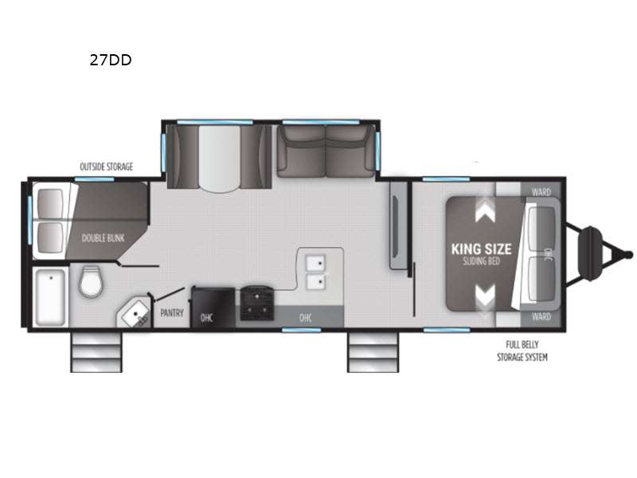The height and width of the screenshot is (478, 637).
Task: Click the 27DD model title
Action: click(x=111, y=60)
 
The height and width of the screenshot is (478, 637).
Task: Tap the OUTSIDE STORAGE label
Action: click(x=107, y=167)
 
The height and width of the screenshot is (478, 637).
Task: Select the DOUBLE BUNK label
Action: click(x=104, y=238)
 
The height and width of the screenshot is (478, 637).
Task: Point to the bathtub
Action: click(x=50, y=297)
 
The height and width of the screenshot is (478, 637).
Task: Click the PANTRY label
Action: click(x=172, y=313)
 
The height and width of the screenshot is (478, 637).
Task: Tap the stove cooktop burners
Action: click(x=257, y=303)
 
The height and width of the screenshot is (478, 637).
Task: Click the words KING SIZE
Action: click(x=482, y=249)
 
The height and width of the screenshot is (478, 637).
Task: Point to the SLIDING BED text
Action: click(x=482, y=261)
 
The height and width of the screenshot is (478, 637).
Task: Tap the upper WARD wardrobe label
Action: click(x=541, y=192)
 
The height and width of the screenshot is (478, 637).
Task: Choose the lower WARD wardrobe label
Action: click(x=541, y=316)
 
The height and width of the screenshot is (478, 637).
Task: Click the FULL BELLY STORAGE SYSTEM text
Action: click(x=522, y=351)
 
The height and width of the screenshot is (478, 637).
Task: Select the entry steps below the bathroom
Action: click(x=96, y=351)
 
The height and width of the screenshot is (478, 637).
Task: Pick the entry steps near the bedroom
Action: click(x=373, y=351)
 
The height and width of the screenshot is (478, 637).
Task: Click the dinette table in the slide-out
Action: click(x=220, y=159)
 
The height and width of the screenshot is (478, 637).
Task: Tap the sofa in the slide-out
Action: click(x=326, y=151)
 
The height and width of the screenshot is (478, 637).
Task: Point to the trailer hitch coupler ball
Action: click(x=629, y=255)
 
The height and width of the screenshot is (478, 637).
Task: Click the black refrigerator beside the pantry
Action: click(x=213, y=308)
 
